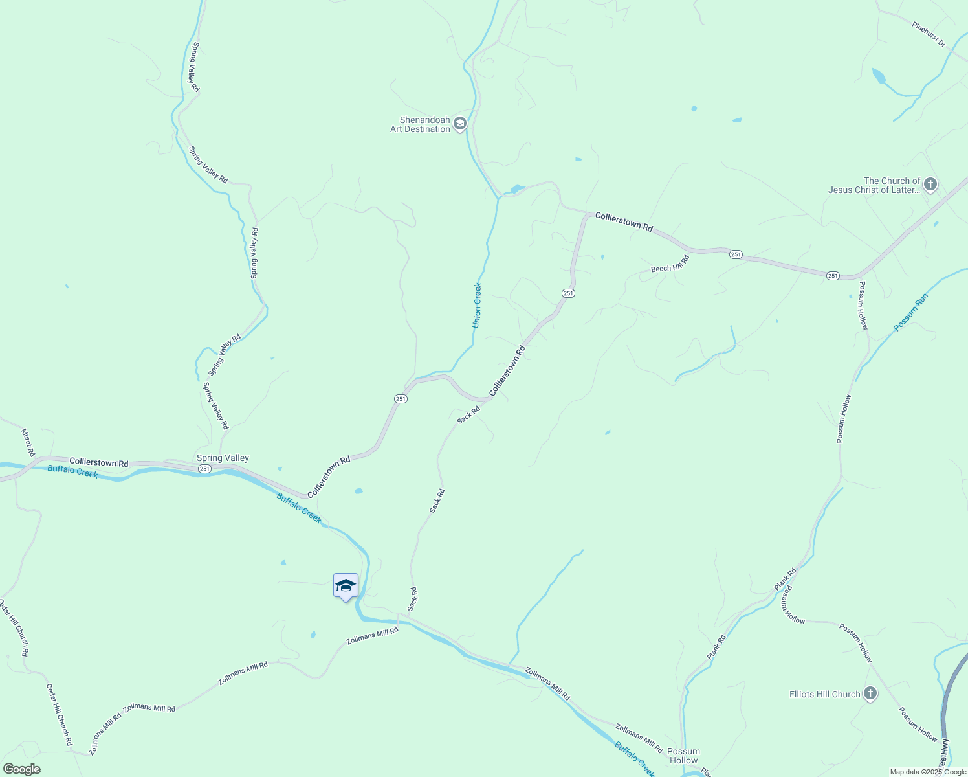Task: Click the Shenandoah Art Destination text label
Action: point(420,124)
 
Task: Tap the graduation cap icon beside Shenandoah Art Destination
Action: point(460,124)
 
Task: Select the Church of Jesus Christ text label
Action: point(874,185)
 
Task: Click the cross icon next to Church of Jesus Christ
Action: point(930,185)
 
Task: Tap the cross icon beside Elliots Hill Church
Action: point(870,694)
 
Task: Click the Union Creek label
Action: point(477,305)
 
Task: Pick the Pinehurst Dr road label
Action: point(929,35)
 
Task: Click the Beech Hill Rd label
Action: point(670,264)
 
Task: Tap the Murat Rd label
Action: point(28,443)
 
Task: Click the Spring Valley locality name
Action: point(223,458)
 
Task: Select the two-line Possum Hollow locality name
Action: point(683,756)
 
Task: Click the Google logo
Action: point(21,769)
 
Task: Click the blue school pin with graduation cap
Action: point(346,586)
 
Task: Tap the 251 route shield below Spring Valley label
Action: point(204,468)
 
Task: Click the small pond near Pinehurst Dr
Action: point(878,76)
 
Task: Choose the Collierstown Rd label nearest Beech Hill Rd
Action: point(624,221)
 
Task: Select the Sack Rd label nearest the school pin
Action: point(413,599)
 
